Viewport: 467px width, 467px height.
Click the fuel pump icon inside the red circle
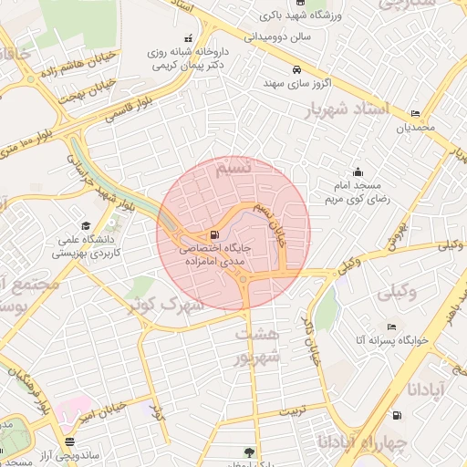tap(214, 233)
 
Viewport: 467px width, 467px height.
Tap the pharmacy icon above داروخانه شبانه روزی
tap(188, 38)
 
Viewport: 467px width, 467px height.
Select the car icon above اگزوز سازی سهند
tap(296, 69)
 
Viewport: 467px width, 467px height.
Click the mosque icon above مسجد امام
tap(358, 171)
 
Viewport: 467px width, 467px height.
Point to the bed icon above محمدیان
tap(416, 114)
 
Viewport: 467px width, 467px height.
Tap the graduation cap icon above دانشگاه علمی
tap(86, 225)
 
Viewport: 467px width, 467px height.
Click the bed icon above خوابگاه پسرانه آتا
tap(392, 327)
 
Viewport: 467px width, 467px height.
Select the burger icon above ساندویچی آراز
tap(69, 441)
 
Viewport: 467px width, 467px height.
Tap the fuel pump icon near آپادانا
tap(397, 416)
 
